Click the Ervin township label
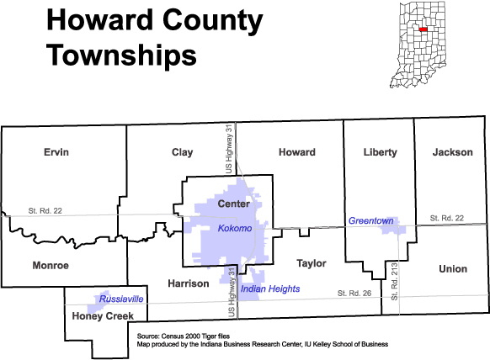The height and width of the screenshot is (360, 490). pyautogui.click(x=56, y=152)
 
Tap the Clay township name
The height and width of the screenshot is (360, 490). pyautogui.click(x=182, y=153)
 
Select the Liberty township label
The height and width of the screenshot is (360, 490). pyautogui.click(x=381, y=153)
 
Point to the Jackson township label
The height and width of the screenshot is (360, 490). pyautogui.click(x=452, y=152)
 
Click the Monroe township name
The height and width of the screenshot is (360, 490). pyautogui.click(x=51, y=266)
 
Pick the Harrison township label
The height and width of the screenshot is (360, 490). pyautogui.click(x=189, y=283)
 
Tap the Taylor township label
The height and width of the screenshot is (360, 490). pyautogui.click(x=312, y=264)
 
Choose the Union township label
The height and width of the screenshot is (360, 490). pyautogui.click(x=453, y=269)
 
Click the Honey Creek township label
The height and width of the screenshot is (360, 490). pyautogui.click(x=103, y=316)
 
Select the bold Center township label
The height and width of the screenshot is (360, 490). pyautogui.click(x=234, y=204)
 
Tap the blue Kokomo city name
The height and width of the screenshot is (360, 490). pyautogui.click(x=235, y=228)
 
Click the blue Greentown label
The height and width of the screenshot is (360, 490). pyautogui.click(x=371, y=220)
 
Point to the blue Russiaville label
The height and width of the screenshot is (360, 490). pyautogui.click(x=121, y=299)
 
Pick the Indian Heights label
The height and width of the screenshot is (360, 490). pyautogui.click(x=270, y=289)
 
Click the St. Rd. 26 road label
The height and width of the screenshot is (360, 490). pyautogui.click(x=354, y=294)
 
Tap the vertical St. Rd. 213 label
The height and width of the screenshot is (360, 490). pyautogui.click(x=394, y=282)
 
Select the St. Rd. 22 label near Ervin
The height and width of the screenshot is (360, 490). pyautogui.click(x=45, y=211)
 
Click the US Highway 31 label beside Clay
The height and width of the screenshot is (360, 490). pyautogui.click(x=229, y=149)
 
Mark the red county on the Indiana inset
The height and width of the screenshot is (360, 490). pyautogui.click(x=423, y=29)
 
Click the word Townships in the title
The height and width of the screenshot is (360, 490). pyautogui.click(x=121, y=56)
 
